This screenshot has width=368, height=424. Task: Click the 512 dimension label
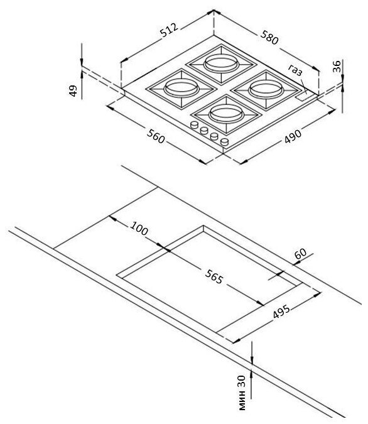pos(170,30)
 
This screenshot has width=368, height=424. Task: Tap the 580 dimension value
pos(269,37)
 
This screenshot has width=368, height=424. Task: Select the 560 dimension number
pos(156,136)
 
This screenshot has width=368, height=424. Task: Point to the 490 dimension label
pos(293,136)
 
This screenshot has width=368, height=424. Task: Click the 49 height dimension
pos(73,91)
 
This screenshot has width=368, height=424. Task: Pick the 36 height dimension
pos(337,67)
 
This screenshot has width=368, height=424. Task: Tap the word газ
pos(295,70)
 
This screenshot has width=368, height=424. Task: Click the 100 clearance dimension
pos(139,229)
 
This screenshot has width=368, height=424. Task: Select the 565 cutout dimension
pos(214,276)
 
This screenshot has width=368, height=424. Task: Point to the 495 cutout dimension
pos(281,312)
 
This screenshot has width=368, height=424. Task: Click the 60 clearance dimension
pos(300,253)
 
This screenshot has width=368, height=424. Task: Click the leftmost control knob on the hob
pos(195,124)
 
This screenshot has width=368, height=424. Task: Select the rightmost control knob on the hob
pos(224,142)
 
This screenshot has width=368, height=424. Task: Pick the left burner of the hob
pos(181,89)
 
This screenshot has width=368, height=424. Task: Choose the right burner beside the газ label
pos(266,89)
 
